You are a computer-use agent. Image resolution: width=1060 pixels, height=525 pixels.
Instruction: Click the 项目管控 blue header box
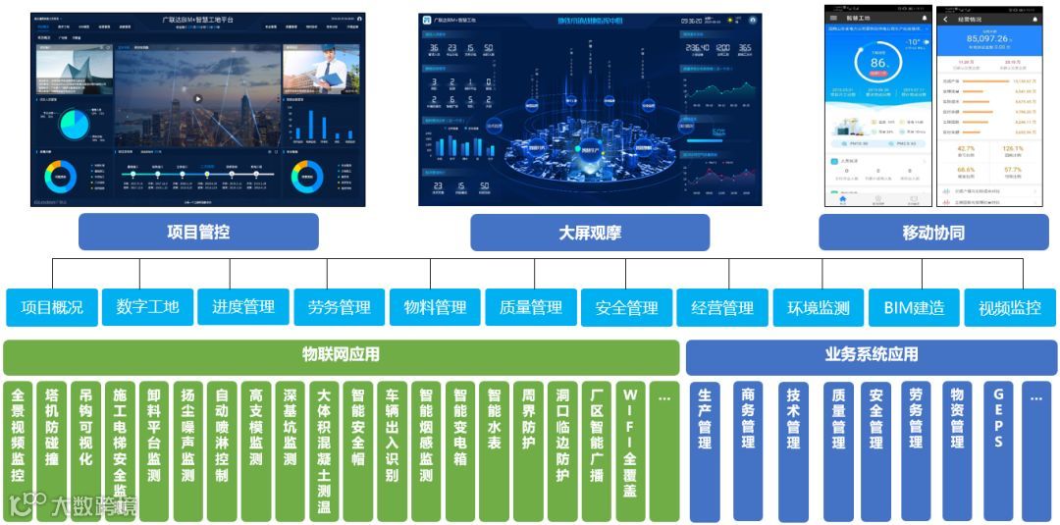198,233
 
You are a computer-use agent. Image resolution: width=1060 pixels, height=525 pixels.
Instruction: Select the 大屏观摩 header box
589,233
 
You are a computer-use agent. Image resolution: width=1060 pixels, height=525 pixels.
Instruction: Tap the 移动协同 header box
933,233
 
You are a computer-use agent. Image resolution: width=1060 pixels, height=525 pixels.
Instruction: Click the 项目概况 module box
52,307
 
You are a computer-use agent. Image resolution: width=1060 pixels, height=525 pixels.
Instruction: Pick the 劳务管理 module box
340,307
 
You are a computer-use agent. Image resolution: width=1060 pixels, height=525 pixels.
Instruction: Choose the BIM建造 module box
914,307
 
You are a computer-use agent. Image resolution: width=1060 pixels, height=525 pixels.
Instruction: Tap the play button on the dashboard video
197,98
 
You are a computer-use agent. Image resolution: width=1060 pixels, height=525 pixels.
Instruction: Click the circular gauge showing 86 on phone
878,65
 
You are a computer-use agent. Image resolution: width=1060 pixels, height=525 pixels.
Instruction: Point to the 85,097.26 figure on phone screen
988,39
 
